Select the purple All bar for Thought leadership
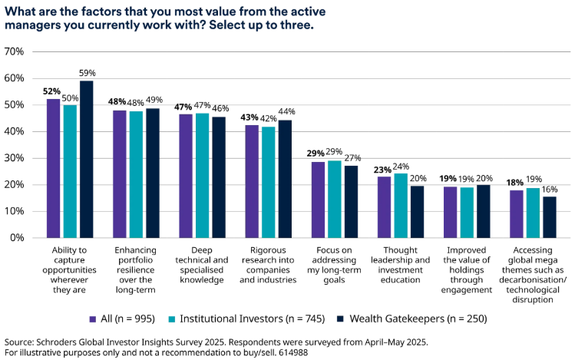[384, 206]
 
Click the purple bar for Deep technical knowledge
[186, 176]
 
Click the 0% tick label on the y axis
[17, 237]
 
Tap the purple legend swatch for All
[93, 318]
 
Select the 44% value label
[286, 112]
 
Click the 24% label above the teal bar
[402, 166]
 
